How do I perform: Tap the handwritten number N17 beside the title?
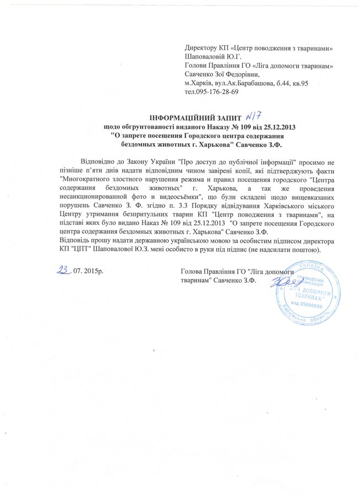point(257,115)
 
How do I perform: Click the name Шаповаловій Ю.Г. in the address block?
point(214,56)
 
